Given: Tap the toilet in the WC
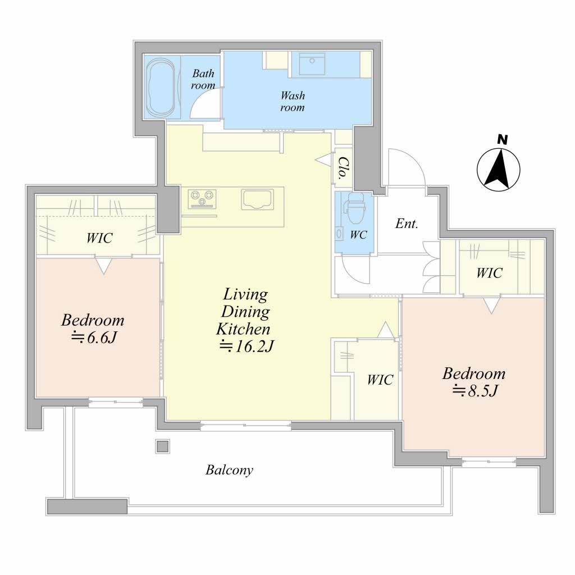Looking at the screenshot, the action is click(355, 208).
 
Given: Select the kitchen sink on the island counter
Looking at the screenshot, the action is click(258, 199).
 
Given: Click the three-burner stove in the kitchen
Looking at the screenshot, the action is click(202, 199).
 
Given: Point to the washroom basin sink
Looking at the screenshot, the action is click(312, 64).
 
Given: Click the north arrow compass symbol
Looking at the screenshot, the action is click(499, 170).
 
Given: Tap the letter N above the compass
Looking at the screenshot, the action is click(503, 140).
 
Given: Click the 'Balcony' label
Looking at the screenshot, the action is click(229, 470).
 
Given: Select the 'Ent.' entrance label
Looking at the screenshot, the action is click(407, 223).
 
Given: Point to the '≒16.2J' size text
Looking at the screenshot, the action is click(247, 346).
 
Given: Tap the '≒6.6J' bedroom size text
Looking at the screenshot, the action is click(94, 337).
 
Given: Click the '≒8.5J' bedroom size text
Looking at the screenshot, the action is click(475, 391).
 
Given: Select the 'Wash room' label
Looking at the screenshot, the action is click(292, 102).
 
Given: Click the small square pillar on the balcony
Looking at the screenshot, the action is click(163, 446).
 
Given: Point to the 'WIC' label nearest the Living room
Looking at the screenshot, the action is click(380, 380).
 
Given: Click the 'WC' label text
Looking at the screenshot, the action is click(358, 235).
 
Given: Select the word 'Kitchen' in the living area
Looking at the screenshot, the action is click(243, 329).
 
